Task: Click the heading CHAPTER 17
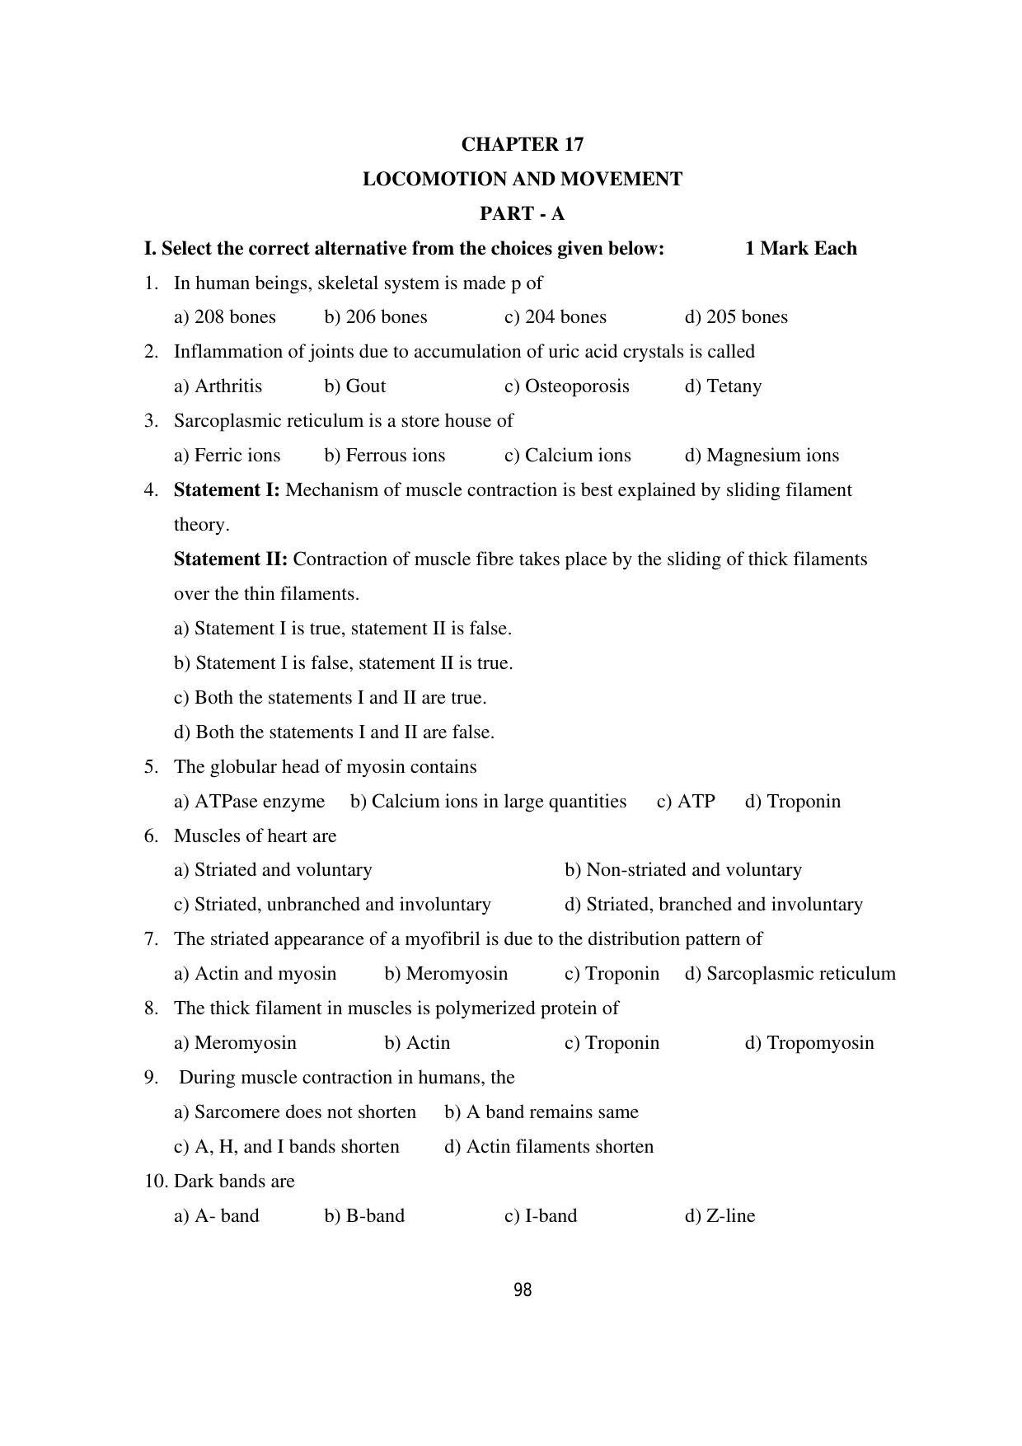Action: click(x=522, y=145)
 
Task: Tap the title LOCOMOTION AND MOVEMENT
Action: click(x=522, y=180)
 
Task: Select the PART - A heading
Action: click(x=522, y=214)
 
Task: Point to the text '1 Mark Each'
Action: click(x=800, y=249)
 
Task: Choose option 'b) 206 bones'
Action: click(x=376, y=317)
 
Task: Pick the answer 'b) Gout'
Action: click(x=355, y=386)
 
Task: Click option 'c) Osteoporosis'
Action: click(x=566, y=386)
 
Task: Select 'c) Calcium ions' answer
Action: click(x=567, y=456)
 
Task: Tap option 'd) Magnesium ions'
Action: click(x=762, y=456)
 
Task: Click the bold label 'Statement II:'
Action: click(x=230, y=559)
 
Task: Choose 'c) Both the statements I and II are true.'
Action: click(x=330, y=698)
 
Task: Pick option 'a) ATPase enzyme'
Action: click(x=249, y=802)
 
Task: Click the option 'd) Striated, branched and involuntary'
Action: click(x=713, y=905)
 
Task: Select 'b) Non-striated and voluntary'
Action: click(x=682, y=870)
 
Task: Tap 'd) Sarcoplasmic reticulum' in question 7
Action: click(x=790, y=974)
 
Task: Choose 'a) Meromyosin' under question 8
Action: click(x=235, y=1043)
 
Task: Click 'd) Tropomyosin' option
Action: click(x=809, y=1043)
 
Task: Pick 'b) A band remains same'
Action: click(x=541, y=1112)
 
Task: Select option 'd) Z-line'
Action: click(x=720, y=1216)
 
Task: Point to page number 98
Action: click(x=523, y=1290)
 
